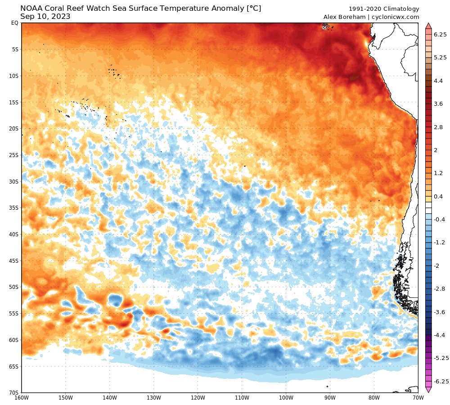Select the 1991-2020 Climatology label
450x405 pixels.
384,9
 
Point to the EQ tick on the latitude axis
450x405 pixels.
14,23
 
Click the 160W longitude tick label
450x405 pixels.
22,398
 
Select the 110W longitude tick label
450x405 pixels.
242,398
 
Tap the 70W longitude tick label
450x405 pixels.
418,398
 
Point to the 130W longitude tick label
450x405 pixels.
154,398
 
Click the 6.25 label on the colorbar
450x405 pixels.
440,34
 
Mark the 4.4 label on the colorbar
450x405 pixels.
438,81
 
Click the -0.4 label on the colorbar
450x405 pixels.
439,219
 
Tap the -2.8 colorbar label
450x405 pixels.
439,288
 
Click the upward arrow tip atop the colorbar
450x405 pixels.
428,24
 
